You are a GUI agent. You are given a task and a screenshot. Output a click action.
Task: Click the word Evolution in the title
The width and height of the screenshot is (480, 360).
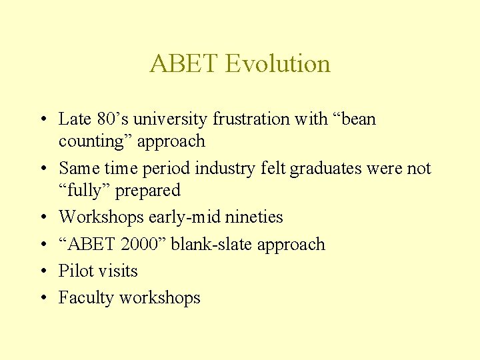pyautogui.click(x=277, y=64)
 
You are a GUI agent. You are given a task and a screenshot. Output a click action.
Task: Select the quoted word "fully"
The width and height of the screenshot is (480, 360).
pyautogui.click(x=85, y=191)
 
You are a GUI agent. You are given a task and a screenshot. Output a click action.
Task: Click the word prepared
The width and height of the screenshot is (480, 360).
pyautogui.click(x=148, y=191)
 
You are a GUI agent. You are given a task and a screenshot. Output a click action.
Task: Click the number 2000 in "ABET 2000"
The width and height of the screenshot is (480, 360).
pyautogui.click(x=141, y=244)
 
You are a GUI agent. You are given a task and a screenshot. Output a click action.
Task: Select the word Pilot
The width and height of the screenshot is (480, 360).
pyautogui.click(x=75, y=271)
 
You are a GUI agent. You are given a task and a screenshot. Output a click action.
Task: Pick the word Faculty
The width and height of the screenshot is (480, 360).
pyautogui.click(x=86, y=298)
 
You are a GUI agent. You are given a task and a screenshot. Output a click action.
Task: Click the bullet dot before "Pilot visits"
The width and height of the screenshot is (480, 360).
pyautogui.click(x=42, y=272)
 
